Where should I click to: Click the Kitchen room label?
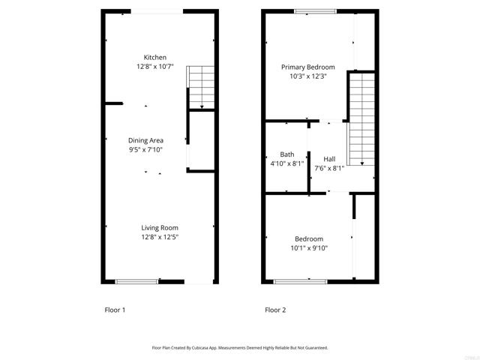pyautogui.click(x=155, y=58)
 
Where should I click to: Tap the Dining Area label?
pyautogui.click(x=145, y=140)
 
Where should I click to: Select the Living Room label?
pyautogui.click(x=160, y=227)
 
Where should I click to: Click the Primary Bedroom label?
pyautogui.click(x=308, y=67)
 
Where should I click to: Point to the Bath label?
pyautogui.click(x=286, y=154)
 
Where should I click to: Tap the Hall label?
pyautogui.click(x=329, y=159)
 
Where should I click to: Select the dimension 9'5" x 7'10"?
pyautogui.click(x=145, y=149)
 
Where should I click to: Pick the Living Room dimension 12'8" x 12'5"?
pyautogui.click(x=160, y=236)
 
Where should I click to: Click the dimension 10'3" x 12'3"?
pyautogui.click(x=308, y=76)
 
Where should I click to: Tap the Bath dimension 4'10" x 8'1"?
pyautogui.click(x=286, y=163)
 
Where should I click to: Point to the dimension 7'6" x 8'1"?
pyautogui.click(x=329, y=168)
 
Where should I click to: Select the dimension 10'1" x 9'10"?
pyautogui.click(x=309, y=248)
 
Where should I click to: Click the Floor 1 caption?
pyautogui.click(x=114, y=310)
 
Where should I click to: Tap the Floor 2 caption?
pyautogui.click(x=275, y=310)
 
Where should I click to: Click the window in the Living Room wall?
pyautogui.click(x=137, y=281)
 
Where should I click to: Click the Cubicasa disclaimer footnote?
pyautogui.click(x=240, y=347)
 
